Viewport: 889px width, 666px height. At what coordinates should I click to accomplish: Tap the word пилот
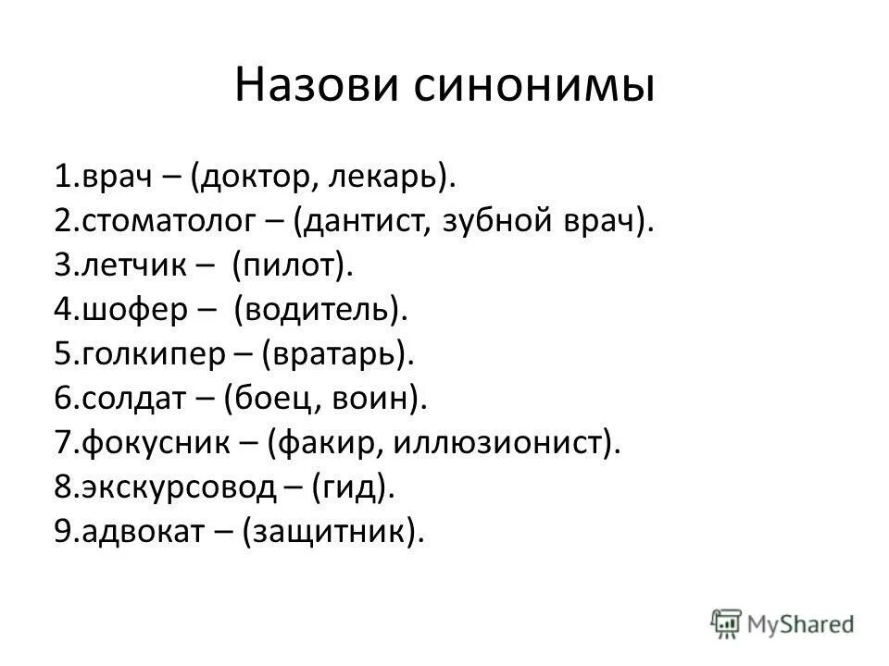point(293,265)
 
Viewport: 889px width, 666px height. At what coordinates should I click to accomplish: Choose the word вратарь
point(337,354)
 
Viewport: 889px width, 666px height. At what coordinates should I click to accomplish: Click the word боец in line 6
point(269,399)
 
